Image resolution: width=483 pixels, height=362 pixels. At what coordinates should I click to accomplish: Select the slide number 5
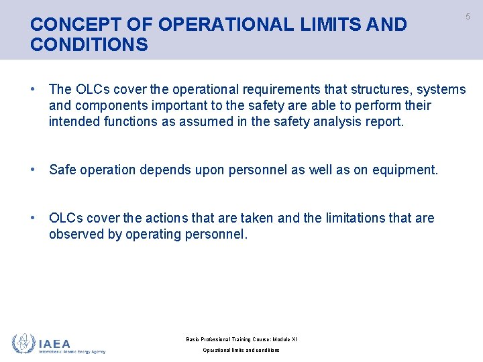tap(468, 17)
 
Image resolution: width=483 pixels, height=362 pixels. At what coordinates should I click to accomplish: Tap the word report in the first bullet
tap(384, 122)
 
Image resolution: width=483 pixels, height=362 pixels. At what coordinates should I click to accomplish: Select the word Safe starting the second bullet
tap(62, 170)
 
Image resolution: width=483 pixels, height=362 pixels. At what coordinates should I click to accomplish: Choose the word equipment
tap(405, 170)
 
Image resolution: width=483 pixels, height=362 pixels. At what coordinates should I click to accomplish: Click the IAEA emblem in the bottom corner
tap(24, 343)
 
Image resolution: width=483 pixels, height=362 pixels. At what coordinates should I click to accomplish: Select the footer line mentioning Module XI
tap(241, 339)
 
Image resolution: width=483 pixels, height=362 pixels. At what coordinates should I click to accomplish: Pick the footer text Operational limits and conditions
tap(241, 351)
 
